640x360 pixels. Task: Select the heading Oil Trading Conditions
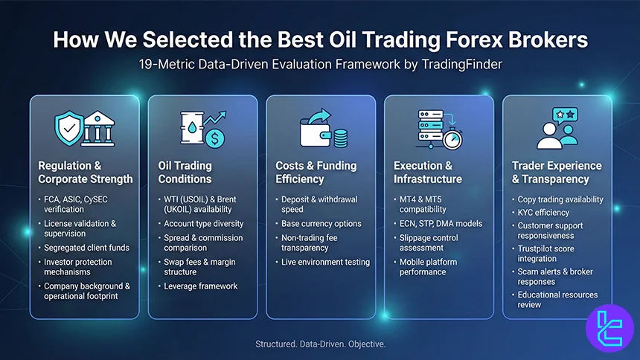click(185, 172)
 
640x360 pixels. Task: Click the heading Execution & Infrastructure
click(428, 172)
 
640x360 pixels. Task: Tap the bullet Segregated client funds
click(86, 248)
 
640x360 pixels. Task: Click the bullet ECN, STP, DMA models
click(441, 223)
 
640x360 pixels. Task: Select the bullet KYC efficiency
click(545, 212)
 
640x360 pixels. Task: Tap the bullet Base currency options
click(321, 223)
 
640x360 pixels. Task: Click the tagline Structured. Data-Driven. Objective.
click(319, 344)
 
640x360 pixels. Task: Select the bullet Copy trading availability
click(560, 199)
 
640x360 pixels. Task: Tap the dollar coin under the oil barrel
click(216, 138)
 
